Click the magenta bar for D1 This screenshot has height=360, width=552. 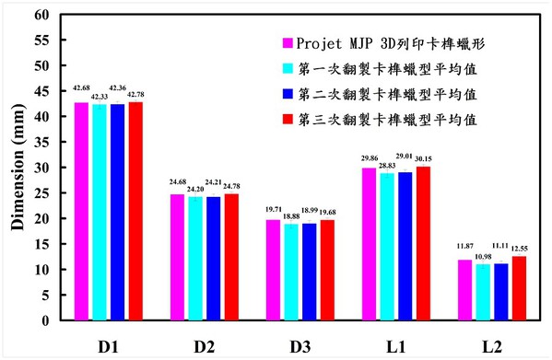[80, 212]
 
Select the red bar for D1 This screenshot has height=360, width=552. [135, 212]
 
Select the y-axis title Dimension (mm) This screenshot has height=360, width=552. [16, 170]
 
